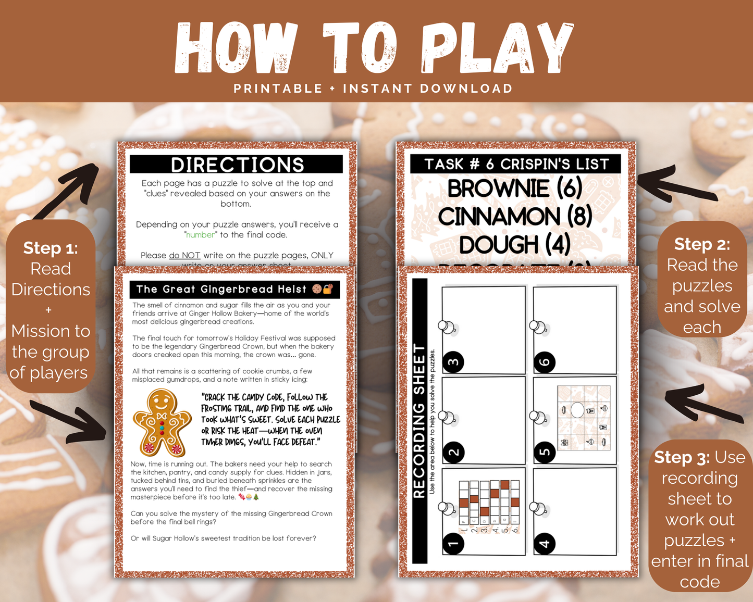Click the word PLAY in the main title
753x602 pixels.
pyautogui.click(x=498, y=48)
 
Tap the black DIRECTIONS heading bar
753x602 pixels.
pyautogui.click(x=237, y=165)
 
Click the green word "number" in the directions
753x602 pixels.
pyautogui.click(x=201, y=235)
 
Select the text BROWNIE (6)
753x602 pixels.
pyautogui.click(x=515, y=189)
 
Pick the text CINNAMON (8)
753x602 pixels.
pyautogui.click(x=515, y=217)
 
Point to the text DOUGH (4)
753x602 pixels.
pyautogui.click(x=514, y=244)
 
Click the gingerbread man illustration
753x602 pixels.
pyautogui.click(x=162, y=423)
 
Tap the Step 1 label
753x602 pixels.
pyautogui.click(x=51, y=248)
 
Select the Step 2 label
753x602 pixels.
pyautogui.click(x=702, y=244)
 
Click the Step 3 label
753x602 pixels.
pyautogui.click(x=682, y=457)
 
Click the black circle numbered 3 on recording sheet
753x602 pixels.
pyautogui.click(x=453, y=362)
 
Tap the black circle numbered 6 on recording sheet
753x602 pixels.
pyautogui.click(x=545, y=362)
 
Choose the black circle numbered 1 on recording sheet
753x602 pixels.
pyautogui.click(x=453, y=544)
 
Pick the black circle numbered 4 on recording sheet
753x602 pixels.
pyautogui.click(x=545, y=544)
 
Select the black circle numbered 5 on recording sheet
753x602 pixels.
pyautogui.click(x=545, y=452)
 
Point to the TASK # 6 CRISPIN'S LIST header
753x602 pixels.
pyautogui.click(x=516, y=164)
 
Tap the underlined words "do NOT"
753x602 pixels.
pyautogui.click(x=184, y=256)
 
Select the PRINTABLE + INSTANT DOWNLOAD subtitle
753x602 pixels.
pyautogui.click(x=373, y=89)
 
